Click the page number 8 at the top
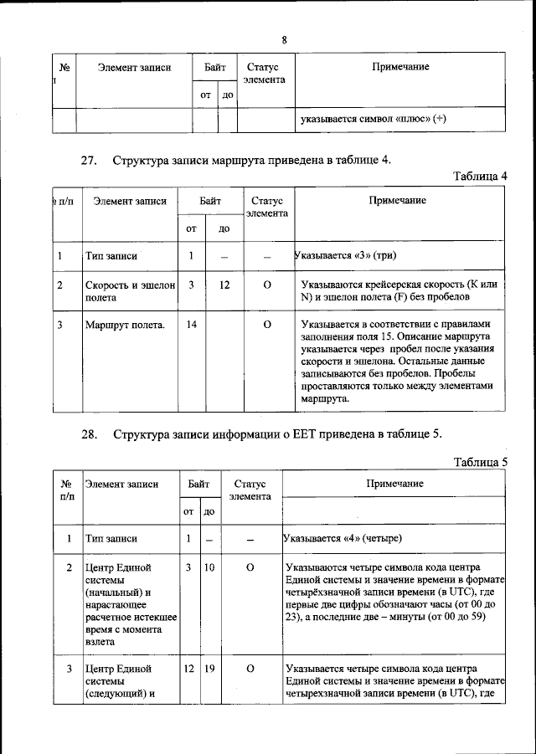pyautogui.click(x=284, y=39)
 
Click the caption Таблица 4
pyautogui.click(x=480, y=176)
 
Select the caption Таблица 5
pyautogui.click(x=480, y=462)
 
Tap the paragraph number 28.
pyautogui.click(x=90, y=434)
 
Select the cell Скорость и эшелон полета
pyautogui.click(x=129, y=291)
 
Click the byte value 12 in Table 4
pyautogui.click(x=224, y=285)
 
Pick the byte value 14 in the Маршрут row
pyautogui.click(x=191, y=325)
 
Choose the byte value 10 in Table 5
pyautogui.click(x=209, y=567)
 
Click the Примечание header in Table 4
pyautogui.click(x=398, y=200)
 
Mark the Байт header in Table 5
pyautogui.click(x=198, y=484)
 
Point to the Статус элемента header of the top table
pyautogui.click(x=265, y=73)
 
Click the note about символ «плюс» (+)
pyautogui.click(x=373, y=119)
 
